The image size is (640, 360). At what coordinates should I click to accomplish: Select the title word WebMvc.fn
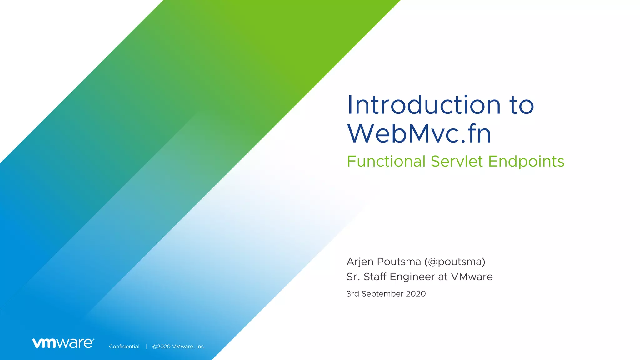pyautogui.click(x=419, y=134)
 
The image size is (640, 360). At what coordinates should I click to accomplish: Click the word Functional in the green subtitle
pyautogui.click(x=386, y=162)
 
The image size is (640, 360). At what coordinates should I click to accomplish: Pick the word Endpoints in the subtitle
pyautogui.click(x=526, y=162)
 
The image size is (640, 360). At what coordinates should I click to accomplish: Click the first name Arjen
pyautogui.click(x=360, y=262)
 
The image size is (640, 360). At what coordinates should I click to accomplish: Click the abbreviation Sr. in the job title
pyautogui.click(x=353, y=277)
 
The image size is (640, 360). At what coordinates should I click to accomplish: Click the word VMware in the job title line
pyautogui.click(x=472, y=277)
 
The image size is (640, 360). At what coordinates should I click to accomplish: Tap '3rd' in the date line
pyautogui.click(x=352, y=294)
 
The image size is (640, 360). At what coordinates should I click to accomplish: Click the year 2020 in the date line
pyautogui.click(x=416, y=294)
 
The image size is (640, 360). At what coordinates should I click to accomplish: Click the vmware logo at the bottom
pyautogui.click(x=63, y=343)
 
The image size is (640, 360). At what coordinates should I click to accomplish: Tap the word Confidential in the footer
pyautogui.click(x=124, y=347)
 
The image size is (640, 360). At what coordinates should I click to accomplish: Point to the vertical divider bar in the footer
pyautogui.click(x=146, y=347)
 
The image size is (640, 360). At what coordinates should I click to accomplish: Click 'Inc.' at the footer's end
pyautogui.click(x=201, y=347)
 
